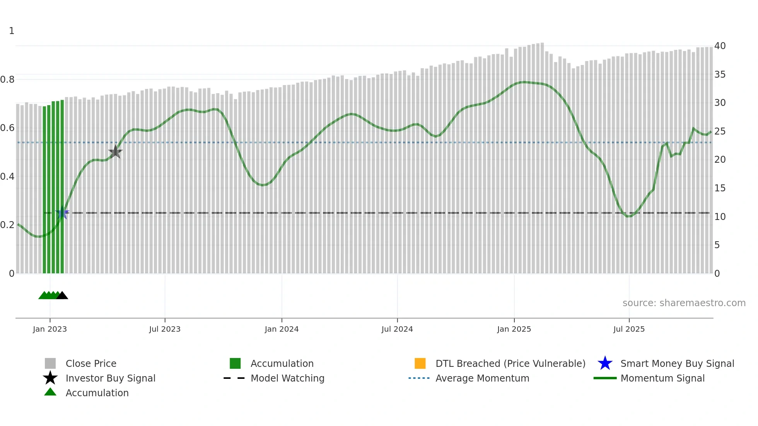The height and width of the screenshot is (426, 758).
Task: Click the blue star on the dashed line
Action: pos(62,213)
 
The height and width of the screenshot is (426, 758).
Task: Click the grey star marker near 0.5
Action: pos(115,152)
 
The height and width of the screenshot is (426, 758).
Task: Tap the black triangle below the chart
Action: pos(62,296)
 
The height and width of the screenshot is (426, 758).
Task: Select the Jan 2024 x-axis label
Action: pos(282,329)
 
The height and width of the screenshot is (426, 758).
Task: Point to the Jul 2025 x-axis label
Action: pos(629,329)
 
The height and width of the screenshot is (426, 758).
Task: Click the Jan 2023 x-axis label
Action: pos(50,329)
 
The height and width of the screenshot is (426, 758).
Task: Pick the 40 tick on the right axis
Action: pos(720,46)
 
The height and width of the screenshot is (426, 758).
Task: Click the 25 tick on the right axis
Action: pos(720,131)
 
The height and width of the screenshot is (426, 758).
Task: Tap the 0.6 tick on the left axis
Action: pos(7,128)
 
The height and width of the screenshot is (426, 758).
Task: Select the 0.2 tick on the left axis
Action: pos(7,225)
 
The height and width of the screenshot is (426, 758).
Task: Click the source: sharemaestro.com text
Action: pos(684,303)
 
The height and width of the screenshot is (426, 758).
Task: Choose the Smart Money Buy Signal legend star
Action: pos(605,363)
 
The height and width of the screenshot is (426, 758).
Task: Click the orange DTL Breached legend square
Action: pos(420,363)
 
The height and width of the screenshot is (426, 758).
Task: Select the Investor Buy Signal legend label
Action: pos(111,378)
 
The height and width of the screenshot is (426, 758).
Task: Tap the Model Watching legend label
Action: pos(287,378)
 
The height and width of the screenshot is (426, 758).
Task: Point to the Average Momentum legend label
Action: pos(482,378)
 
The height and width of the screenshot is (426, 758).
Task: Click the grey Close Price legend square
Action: pos(50,363)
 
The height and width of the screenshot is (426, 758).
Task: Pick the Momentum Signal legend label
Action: pos(662,378)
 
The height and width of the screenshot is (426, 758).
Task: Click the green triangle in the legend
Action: pos(50,392)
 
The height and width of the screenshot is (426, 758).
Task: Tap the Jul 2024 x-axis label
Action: pos(397,329)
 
